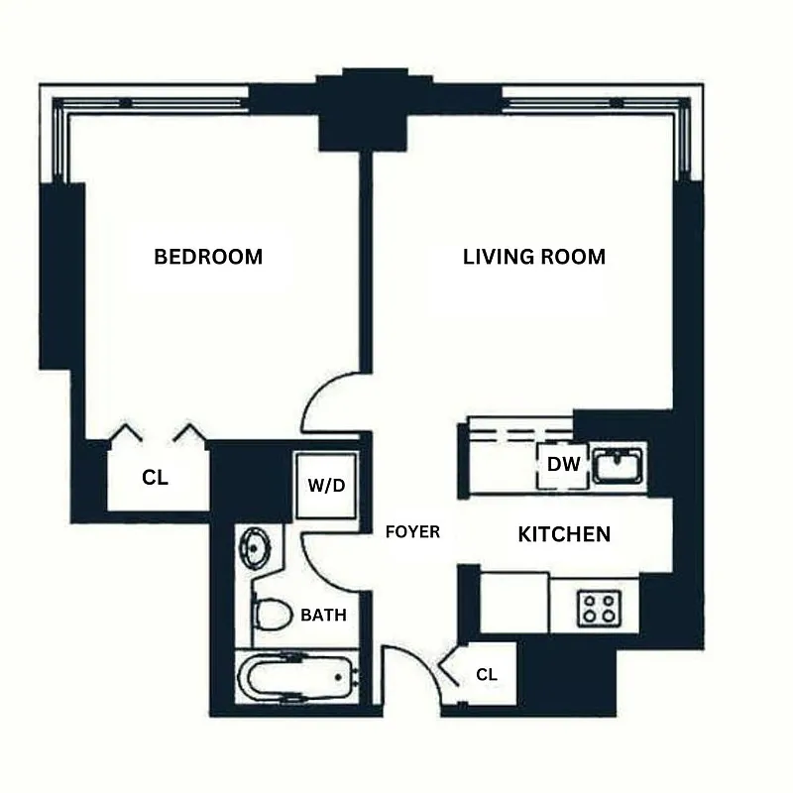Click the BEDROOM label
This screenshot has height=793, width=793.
pos(208,257)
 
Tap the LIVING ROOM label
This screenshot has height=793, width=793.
pos(534,257)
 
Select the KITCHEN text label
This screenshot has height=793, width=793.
pos(564,534)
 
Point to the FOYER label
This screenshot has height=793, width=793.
pos(412,532)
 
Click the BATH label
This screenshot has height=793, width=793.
pos(324,615)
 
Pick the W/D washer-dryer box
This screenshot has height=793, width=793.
pos(326,486)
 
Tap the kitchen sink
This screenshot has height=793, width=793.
pos(619,464)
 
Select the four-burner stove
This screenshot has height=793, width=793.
pos(598,607)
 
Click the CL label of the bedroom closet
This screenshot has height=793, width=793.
pos(156,477)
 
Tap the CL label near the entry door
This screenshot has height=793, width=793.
pos(487,674)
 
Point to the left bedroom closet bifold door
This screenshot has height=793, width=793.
pos(127,432)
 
